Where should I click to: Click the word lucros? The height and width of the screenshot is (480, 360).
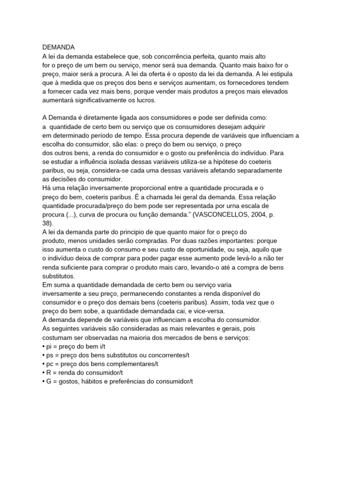(x=143, y=100)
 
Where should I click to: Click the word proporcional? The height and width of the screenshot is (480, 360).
(x=131, y=188)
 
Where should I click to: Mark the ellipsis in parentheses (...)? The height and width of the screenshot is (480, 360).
(x=73, y=215)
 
